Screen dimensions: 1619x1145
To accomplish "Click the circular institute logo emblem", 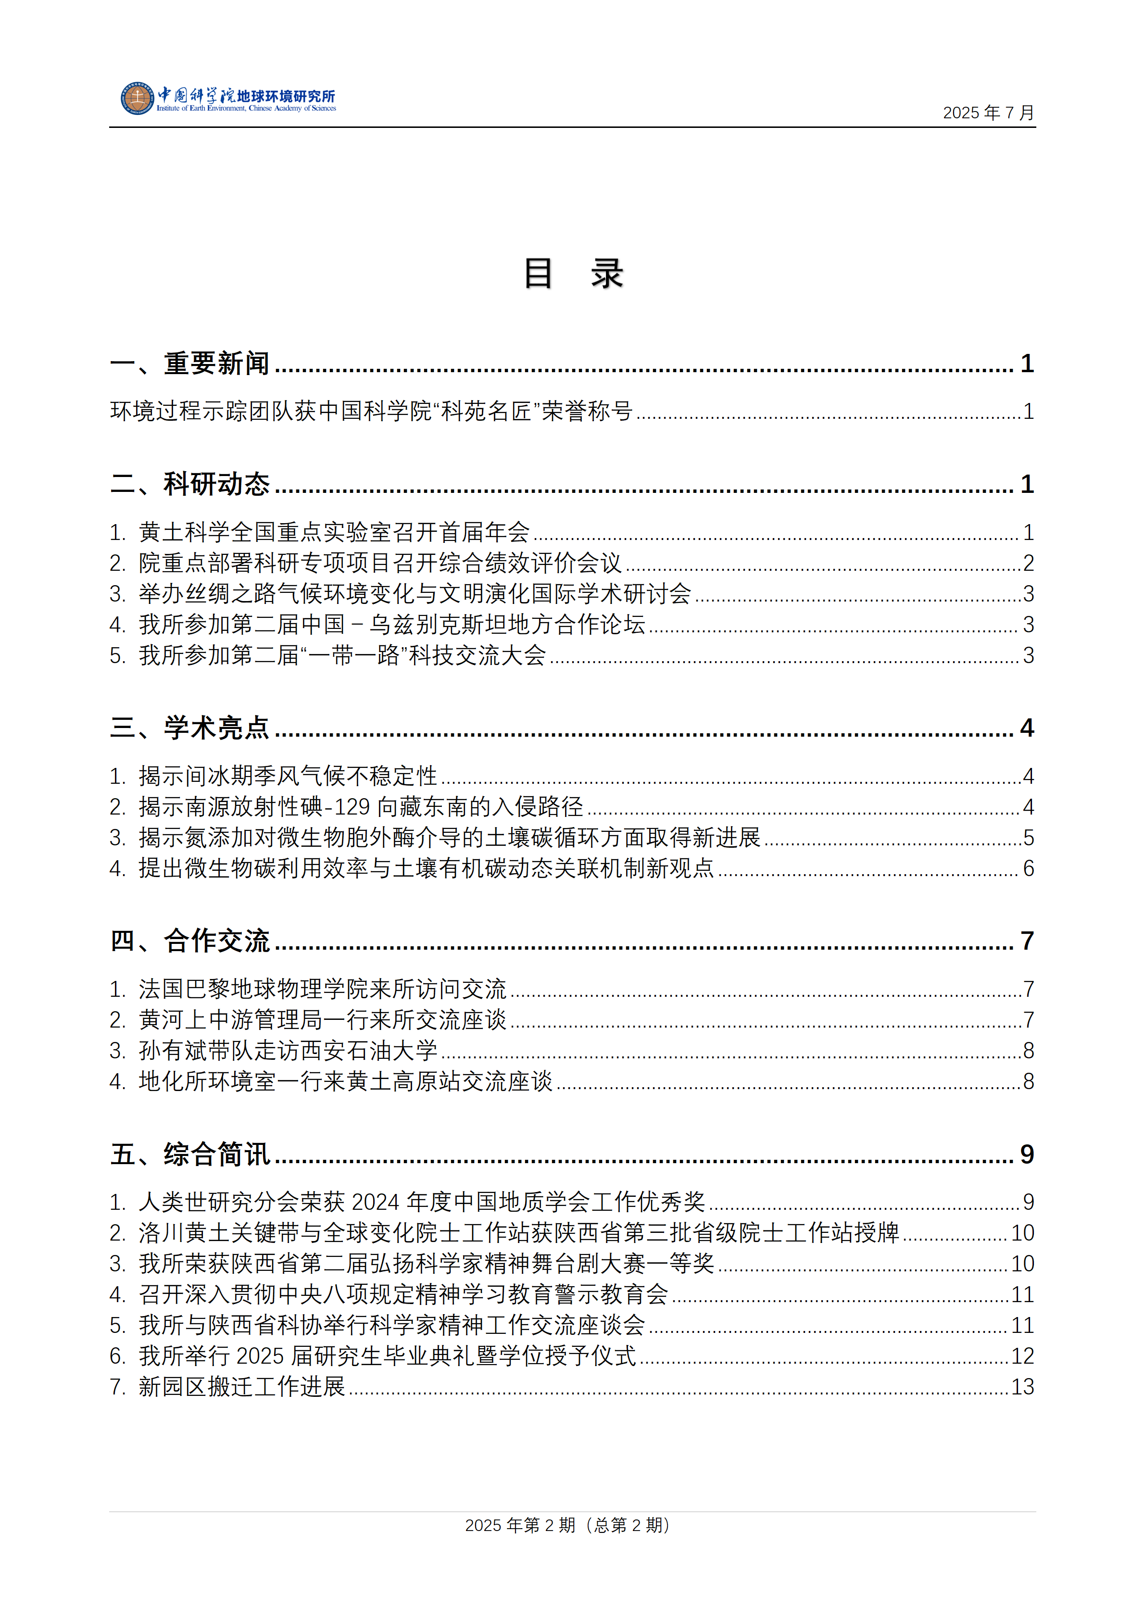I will coord(138,98).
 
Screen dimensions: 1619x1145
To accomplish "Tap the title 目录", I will coord(572,274).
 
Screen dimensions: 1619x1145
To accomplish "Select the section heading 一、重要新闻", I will coord(189,364).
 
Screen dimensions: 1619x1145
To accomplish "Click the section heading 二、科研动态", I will coord(189,484).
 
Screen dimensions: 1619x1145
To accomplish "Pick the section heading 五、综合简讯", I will coord(189,1155).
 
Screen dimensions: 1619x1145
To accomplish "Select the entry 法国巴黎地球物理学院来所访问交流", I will coord(322,989).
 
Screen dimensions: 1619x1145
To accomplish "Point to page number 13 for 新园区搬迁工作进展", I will coord(1022,1387).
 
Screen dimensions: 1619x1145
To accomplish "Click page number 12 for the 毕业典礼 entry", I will coord(1022,1356).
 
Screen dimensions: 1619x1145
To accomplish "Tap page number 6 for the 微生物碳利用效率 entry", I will coord(1029,869).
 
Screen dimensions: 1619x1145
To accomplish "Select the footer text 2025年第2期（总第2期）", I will coord(567,1525).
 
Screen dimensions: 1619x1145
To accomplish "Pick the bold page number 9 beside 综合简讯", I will coord(1027,1155).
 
